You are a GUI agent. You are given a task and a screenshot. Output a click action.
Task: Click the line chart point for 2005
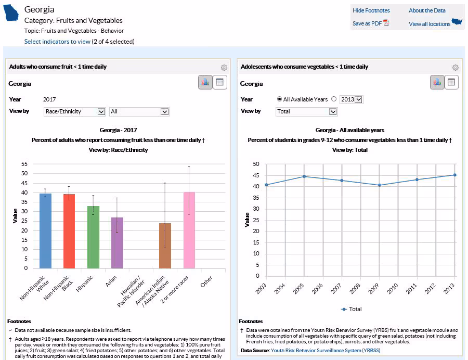tap(304, 176)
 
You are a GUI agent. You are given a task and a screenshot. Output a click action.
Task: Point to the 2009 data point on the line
tap(380, 185)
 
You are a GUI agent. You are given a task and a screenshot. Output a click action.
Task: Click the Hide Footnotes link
tap(371, 10)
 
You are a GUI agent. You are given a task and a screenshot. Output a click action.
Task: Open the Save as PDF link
tap(367, 23)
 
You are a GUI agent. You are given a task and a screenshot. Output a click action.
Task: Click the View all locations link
tap(429, 24)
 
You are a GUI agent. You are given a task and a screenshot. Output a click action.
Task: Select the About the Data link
tap(427, 10)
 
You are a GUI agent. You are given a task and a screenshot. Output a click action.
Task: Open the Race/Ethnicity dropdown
tap(74, 111)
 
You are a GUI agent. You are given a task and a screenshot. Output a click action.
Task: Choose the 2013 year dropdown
tap(352, 99)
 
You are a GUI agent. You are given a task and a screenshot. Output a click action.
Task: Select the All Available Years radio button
tap(280, 99)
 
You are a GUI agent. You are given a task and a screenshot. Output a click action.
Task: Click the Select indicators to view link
tap(57, 42)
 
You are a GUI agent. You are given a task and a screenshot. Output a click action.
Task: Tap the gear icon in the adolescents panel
tap(456, 68)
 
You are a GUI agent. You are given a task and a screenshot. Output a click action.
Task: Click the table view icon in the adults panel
tap(220, 82)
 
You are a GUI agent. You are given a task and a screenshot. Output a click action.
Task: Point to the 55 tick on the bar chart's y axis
tap(24, 164)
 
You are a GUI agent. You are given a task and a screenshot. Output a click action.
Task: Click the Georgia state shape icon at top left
tap(11, 13)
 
